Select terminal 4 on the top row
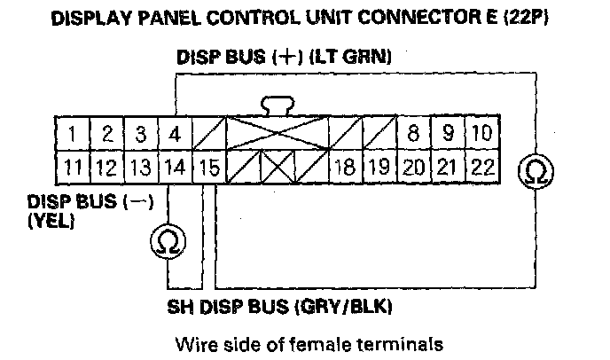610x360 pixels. [175, 136]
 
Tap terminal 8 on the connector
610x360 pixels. [414, 136]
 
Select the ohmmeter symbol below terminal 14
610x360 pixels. [167, 239]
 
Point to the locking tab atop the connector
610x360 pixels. [278, 107]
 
